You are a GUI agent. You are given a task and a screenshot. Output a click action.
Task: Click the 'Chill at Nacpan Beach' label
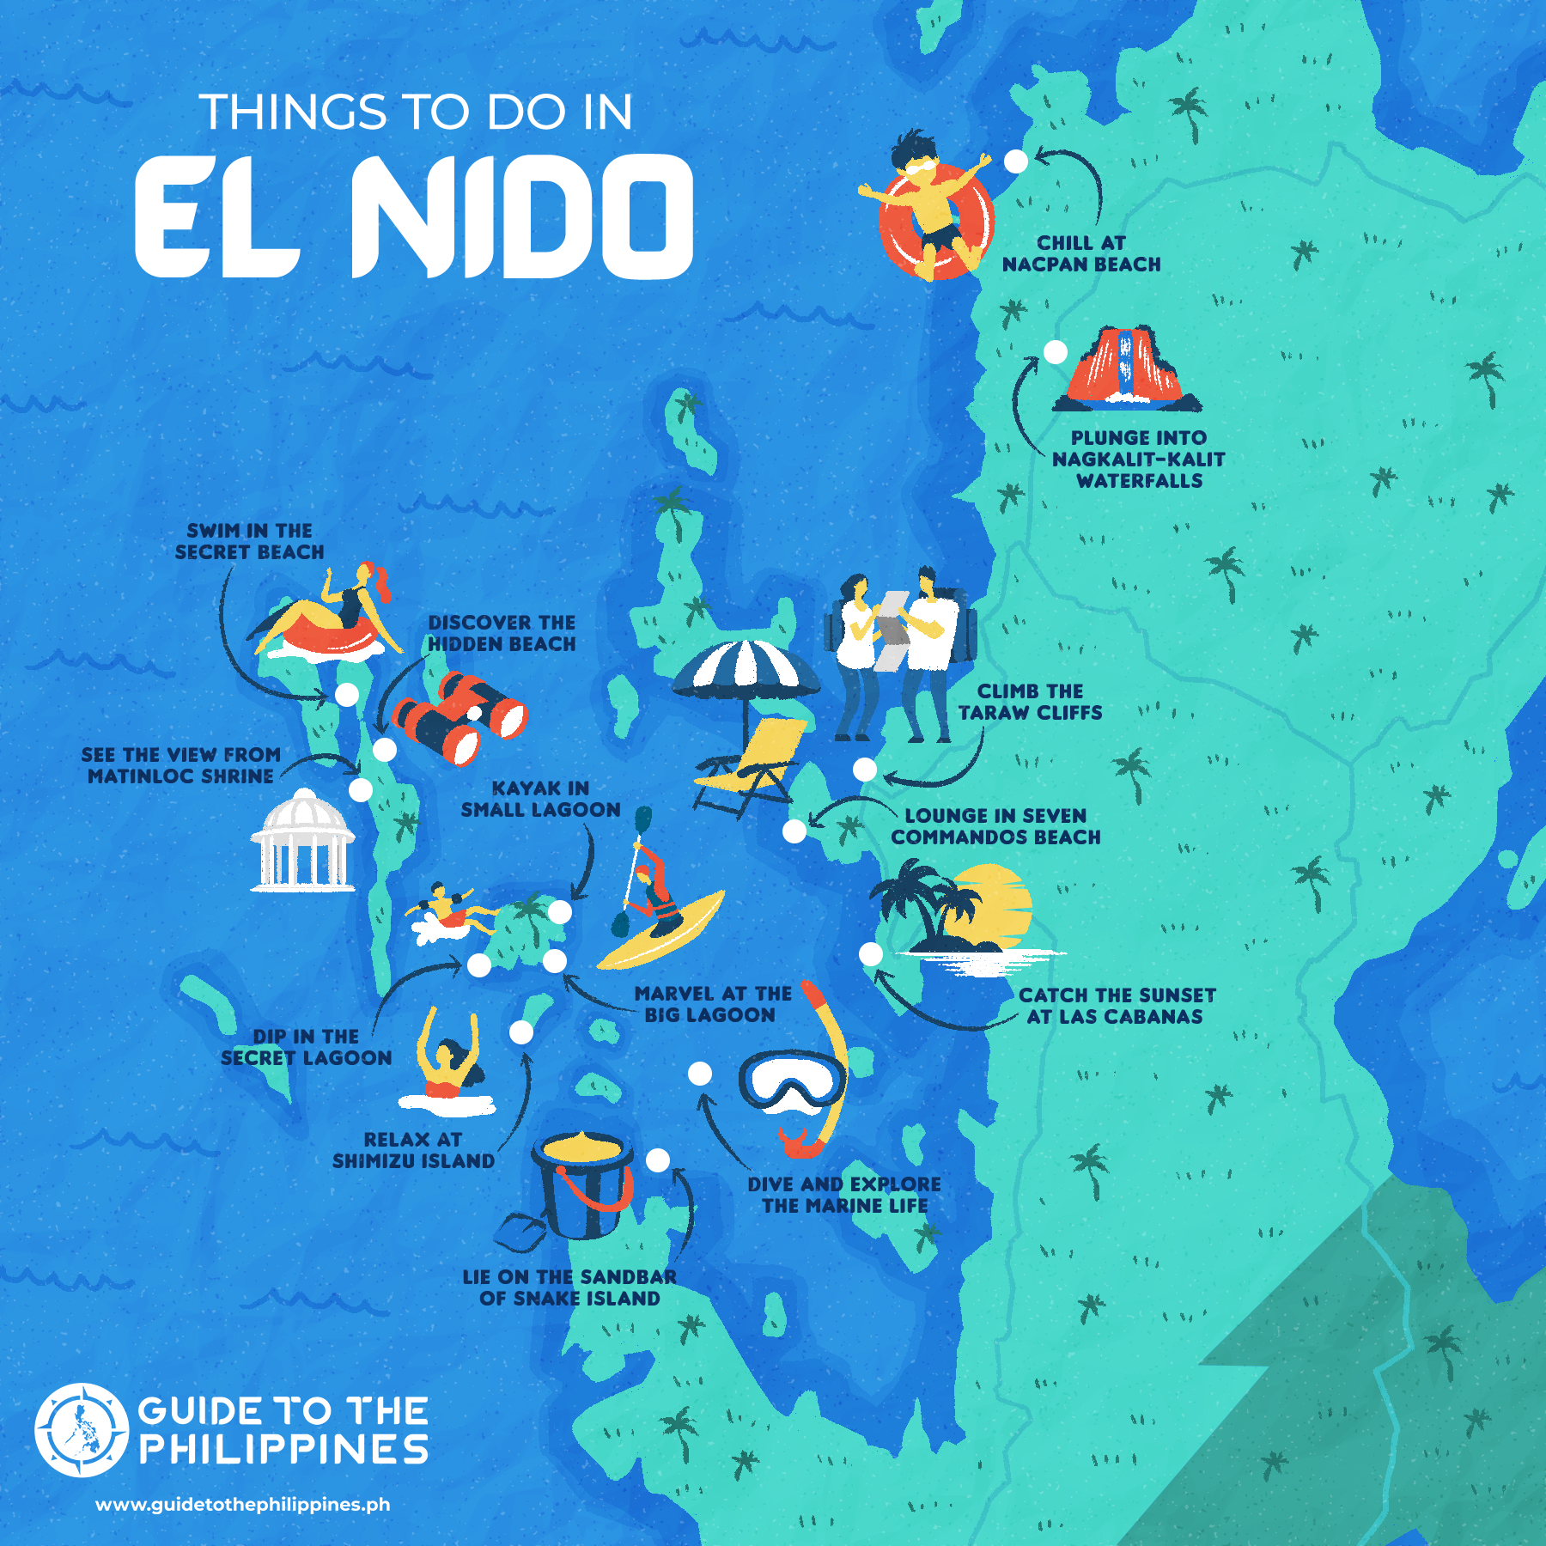[1080, 254]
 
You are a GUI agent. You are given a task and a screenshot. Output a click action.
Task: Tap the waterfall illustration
[1126, 368]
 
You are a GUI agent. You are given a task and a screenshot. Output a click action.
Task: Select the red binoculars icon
[459, 718]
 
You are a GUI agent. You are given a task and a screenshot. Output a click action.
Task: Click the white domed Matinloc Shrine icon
[302, 841]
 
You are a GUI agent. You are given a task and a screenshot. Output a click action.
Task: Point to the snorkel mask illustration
[792, 1079]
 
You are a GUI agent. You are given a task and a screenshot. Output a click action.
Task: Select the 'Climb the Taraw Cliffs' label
[1030, 702]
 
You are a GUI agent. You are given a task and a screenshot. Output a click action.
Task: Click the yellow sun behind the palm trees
[996, 902]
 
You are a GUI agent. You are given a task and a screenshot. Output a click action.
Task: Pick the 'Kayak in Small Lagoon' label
[540, 799]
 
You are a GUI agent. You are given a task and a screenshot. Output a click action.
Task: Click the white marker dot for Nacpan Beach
[1015, 161]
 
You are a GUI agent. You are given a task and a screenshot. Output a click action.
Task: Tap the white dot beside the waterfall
[1055, 351]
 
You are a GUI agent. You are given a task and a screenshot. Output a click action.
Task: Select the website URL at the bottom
[242, 1505]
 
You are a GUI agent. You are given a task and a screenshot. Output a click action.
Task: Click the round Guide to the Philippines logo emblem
[82, 1430]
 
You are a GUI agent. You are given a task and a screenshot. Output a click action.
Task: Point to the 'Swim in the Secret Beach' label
[249, 541]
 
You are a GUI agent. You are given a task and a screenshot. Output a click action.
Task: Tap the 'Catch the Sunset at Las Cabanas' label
[1116, 1006]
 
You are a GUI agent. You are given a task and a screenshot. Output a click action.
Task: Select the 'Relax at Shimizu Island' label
[413, 1150]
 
